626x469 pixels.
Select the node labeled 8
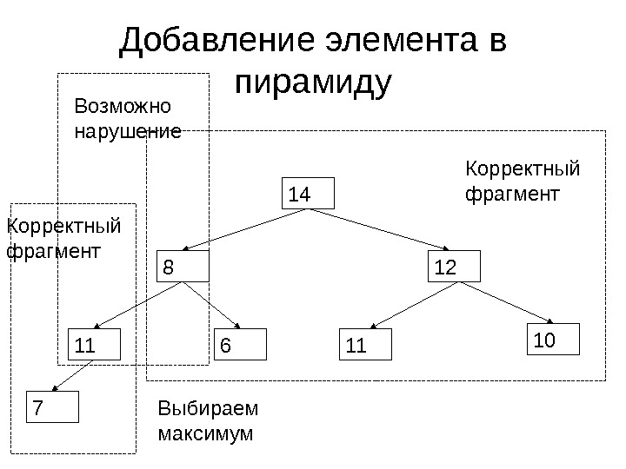(x=183, y=268)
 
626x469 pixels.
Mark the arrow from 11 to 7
(x=74, y=376)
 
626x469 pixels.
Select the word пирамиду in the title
(x=314, y=82)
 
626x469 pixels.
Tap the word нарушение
(x=128, y=133)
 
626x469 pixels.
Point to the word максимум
(x=206, y=433)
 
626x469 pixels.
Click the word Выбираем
(x=209, y=409)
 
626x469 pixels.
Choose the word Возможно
(x=124, y=108)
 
